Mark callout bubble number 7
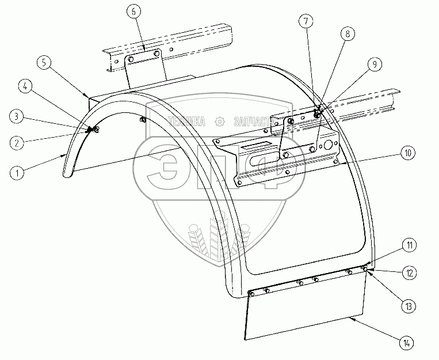306,22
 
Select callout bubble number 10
407,153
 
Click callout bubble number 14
407,343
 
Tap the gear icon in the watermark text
219,122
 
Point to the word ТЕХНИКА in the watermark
186,122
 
